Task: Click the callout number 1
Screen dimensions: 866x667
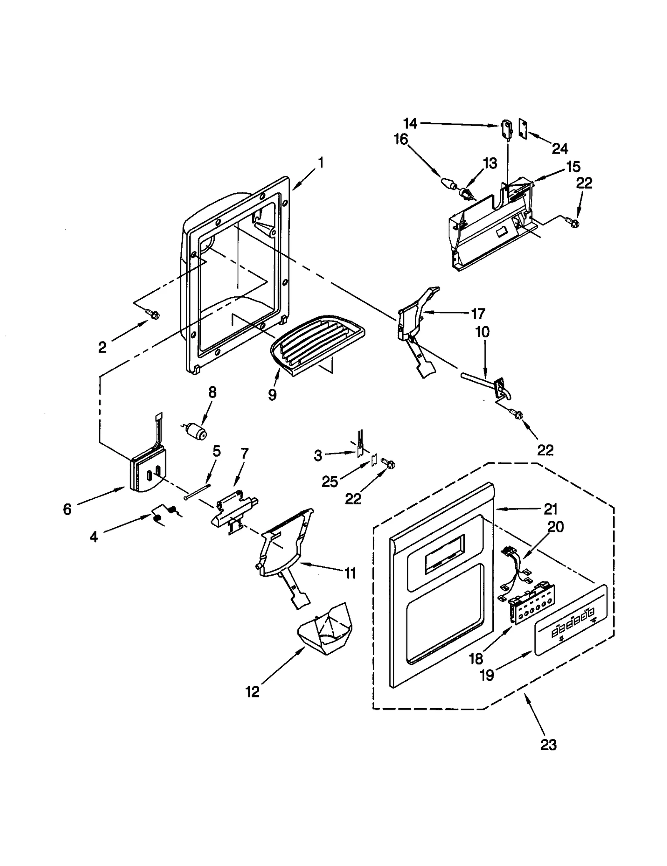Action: tap(321, 162)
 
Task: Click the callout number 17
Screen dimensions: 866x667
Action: tap(478, 313)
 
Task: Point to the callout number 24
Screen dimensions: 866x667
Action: tap(560, 148)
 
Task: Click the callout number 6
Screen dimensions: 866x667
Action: tap(67, 509)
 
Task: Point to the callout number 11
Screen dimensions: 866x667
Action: tap(350, 573)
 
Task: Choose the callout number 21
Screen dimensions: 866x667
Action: tap(550, 509)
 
